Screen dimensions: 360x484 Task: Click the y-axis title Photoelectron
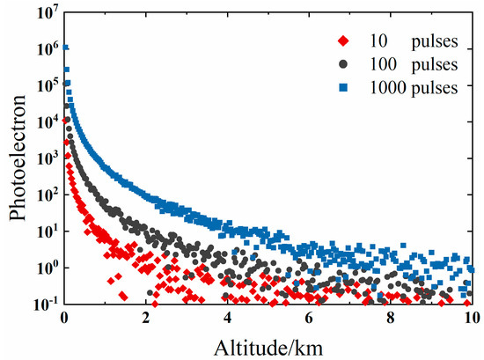coord(15,157)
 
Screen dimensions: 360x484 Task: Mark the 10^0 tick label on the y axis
coord(47,266)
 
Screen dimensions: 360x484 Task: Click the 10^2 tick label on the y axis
coord(47,194)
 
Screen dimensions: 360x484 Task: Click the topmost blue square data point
coord(65,48)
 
